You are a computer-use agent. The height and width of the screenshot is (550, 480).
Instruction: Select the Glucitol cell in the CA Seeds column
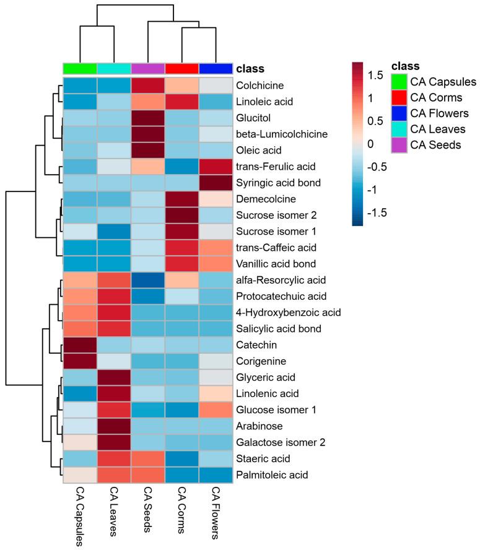click(x=148, y=116)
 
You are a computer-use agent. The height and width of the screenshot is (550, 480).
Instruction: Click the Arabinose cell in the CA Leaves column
click(x=114, y=426)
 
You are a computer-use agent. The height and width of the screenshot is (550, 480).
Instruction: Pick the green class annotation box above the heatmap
click(x=80, y=68)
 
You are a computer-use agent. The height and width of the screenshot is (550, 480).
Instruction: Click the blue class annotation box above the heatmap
click(x=216, y=68)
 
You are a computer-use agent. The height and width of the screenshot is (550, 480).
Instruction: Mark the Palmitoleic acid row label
click(x=273, y=476)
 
